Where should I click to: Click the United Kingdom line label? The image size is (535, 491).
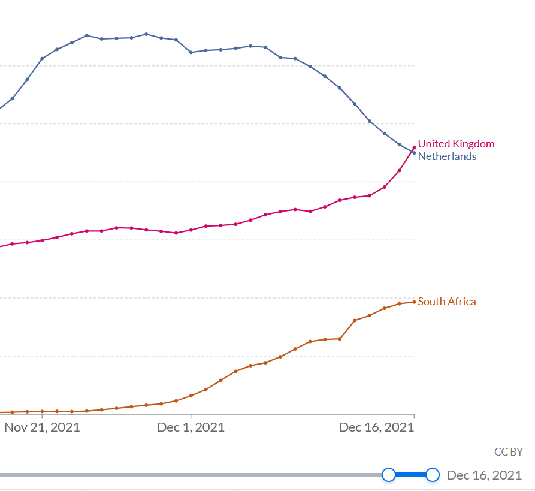(456, 144)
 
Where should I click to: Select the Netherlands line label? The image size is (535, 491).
(447, 156)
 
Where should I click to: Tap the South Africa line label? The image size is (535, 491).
(447, 302)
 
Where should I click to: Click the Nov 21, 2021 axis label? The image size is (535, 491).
(42, 427)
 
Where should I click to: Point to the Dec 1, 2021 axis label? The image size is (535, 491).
(191, 427)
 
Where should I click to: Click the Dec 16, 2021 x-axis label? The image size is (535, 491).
(376, 427)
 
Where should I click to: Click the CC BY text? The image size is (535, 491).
(508, 452)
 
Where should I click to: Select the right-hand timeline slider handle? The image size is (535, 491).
(432, 475)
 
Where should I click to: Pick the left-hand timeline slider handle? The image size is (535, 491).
(388, 475)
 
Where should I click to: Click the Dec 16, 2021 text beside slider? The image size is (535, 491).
(484, 475)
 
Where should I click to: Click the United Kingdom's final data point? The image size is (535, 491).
(414, 148)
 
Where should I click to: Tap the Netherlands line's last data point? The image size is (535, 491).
(414, 153)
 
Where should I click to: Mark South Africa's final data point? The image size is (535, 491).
(414, 302)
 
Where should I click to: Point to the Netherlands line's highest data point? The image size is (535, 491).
(146, 34)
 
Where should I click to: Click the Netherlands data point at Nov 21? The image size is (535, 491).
(42, 58)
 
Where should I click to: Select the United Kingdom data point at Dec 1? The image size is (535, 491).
(191, 230)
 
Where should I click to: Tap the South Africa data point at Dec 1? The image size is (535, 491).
(191, 396)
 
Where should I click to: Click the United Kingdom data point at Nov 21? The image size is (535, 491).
(42, 240)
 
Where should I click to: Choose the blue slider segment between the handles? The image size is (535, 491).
(410, 475)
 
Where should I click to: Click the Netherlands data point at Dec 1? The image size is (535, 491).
(191, 52)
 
